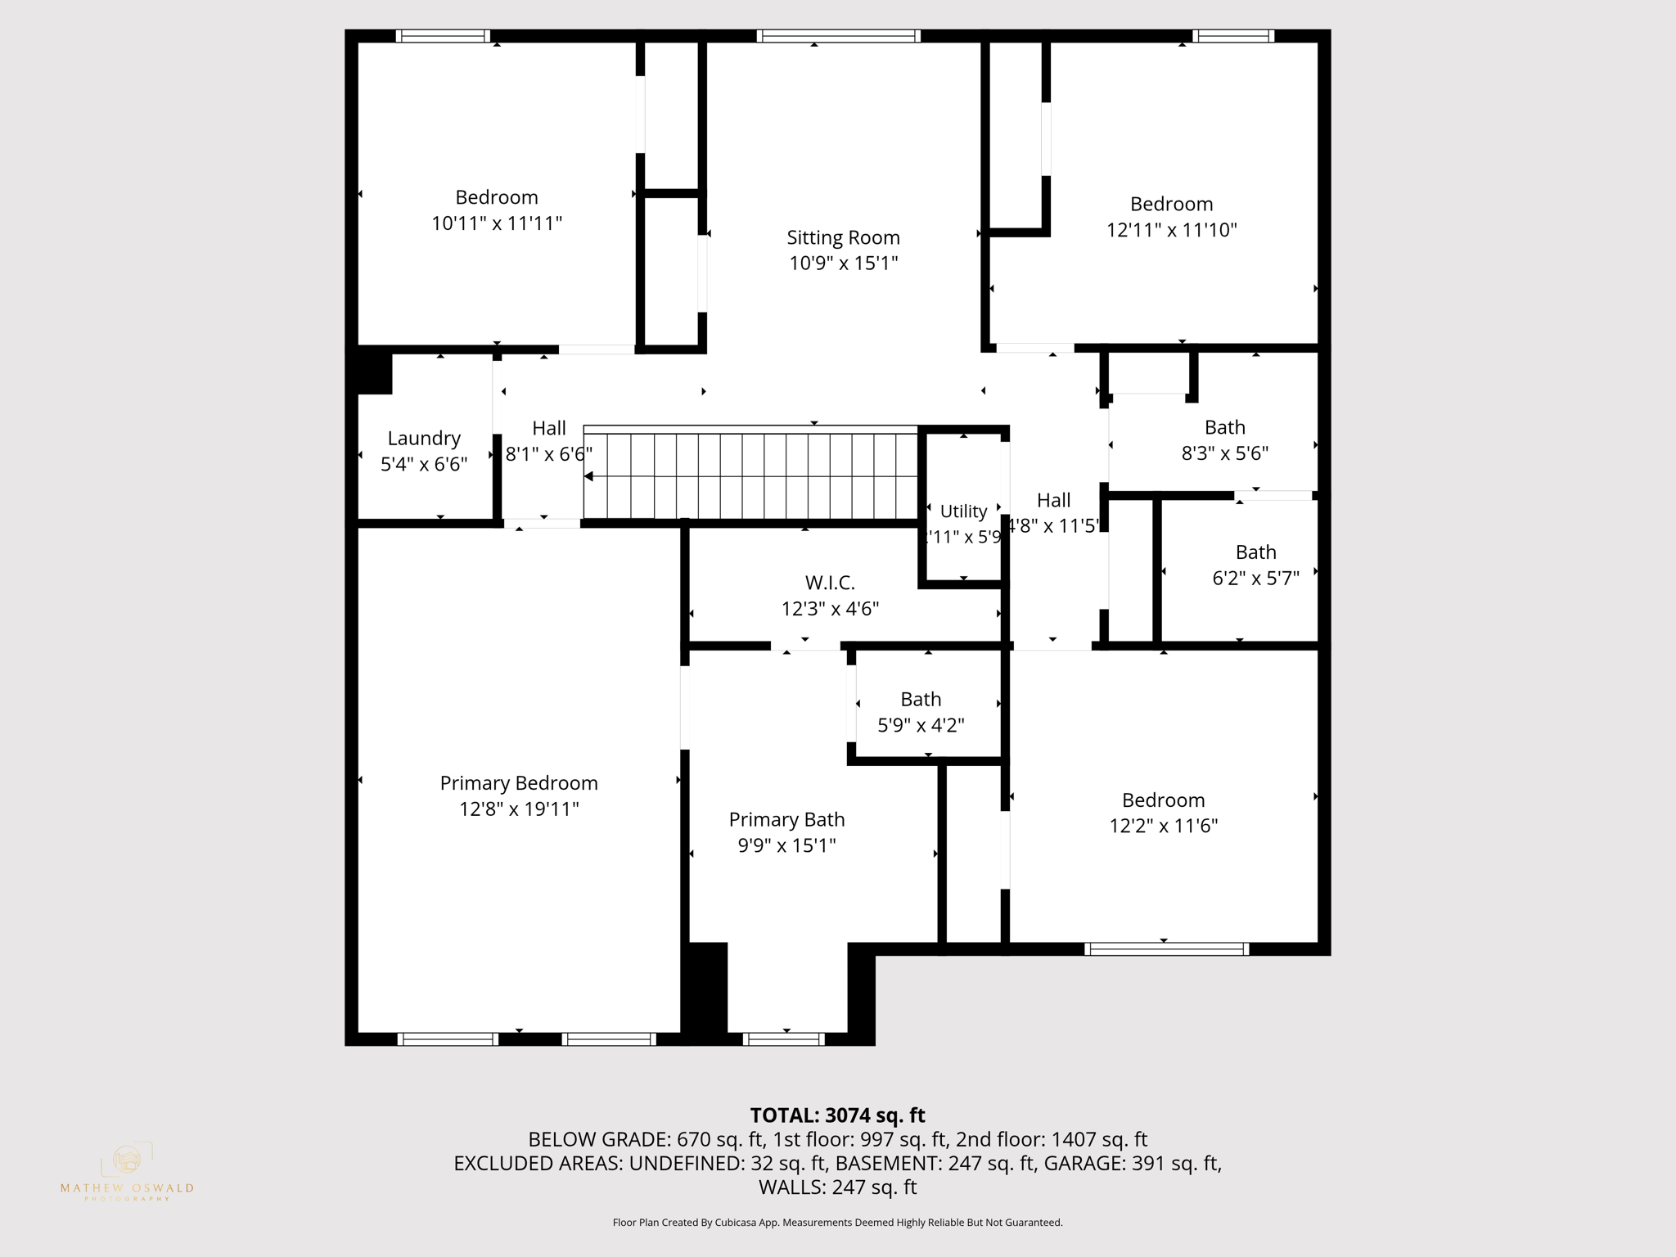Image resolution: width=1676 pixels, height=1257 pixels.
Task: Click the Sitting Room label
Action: (x=843, y=237)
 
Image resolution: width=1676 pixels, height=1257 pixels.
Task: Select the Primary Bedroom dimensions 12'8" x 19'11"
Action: (x=519, y=809)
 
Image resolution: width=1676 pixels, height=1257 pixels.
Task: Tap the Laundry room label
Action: (x=424, y=439)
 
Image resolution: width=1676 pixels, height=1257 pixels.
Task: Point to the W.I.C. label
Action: (x=830, y=583)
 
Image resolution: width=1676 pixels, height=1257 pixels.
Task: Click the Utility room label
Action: (x=963, y=511)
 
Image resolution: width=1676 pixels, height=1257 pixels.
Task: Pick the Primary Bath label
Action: (x=786, y=819)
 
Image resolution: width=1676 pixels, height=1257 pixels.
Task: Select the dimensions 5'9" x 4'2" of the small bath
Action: (x=921, y=725)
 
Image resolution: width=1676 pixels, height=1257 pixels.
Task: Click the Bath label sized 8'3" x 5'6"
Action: (x=1224, y=427)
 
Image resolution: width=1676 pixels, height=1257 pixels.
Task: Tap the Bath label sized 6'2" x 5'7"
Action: (x=1255, y=552)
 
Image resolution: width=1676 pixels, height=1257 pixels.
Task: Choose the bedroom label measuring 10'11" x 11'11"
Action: (x=497, y=197)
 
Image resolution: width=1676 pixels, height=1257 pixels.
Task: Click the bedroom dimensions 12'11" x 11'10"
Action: (x=1171, y=230)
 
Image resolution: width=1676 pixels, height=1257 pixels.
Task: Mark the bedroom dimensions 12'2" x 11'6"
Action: (x=1163, y=826)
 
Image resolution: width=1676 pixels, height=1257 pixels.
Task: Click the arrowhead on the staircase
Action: (x=588, y=476)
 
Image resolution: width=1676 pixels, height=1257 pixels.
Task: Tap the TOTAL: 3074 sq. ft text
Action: (x=837, y=1115)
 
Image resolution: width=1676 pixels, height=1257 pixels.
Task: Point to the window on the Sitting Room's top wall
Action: (x=838, y=36)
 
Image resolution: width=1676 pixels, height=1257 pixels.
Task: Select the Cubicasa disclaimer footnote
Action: (x=837, y=1223)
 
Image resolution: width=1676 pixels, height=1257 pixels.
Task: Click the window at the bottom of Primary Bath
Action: (x=783, y=1039)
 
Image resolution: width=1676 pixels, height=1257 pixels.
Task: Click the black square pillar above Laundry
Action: (x=375, y=371)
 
